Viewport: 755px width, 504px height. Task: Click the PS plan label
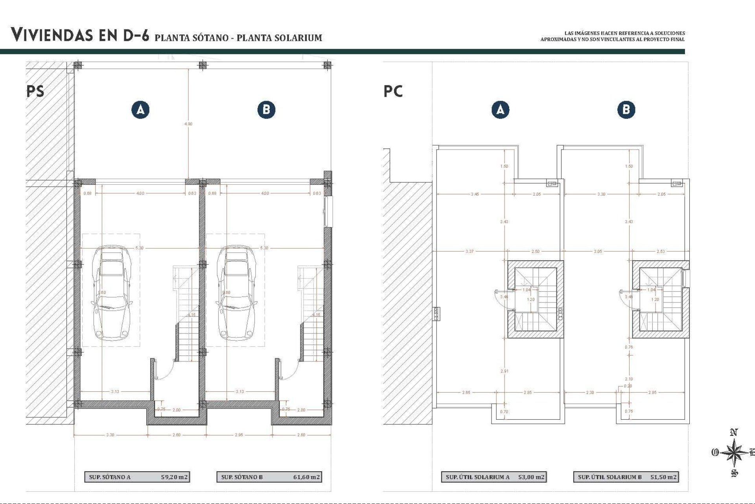click(x=35, y=91)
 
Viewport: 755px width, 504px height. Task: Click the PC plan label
click(x=393, y=91)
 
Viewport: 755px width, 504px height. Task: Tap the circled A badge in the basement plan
click(x=140, y=109)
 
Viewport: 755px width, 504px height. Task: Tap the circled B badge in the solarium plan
click(x=626, y=109)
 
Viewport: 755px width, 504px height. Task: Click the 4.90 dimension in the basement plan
click(x=188, y=124)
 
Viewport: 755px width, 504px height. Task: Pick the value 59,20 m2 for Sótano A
click(x=174, y=477)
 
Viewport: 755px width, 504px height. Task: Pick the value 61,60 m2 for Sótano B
click(x=306, y=477)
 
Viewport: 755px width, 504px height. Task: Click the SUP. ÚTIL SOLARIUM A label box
click(x=477, y=477)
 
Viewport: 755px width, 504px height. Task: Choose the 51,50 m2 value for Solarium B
click(x=663, y=477)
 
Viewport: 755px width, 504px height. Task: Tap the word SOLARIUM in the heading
click(x=299, y=38)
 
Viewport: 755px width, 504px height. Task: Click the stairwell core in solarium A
click(x=535, y=299)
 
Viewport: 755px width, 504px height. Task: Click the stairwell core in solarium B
click(x=661, y=299)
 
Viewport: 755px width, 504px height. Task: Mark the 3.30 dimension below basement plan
click(x=110, y=435)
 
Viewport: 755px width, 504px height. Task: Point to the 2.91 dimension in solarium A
click(x=504, y=371)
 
